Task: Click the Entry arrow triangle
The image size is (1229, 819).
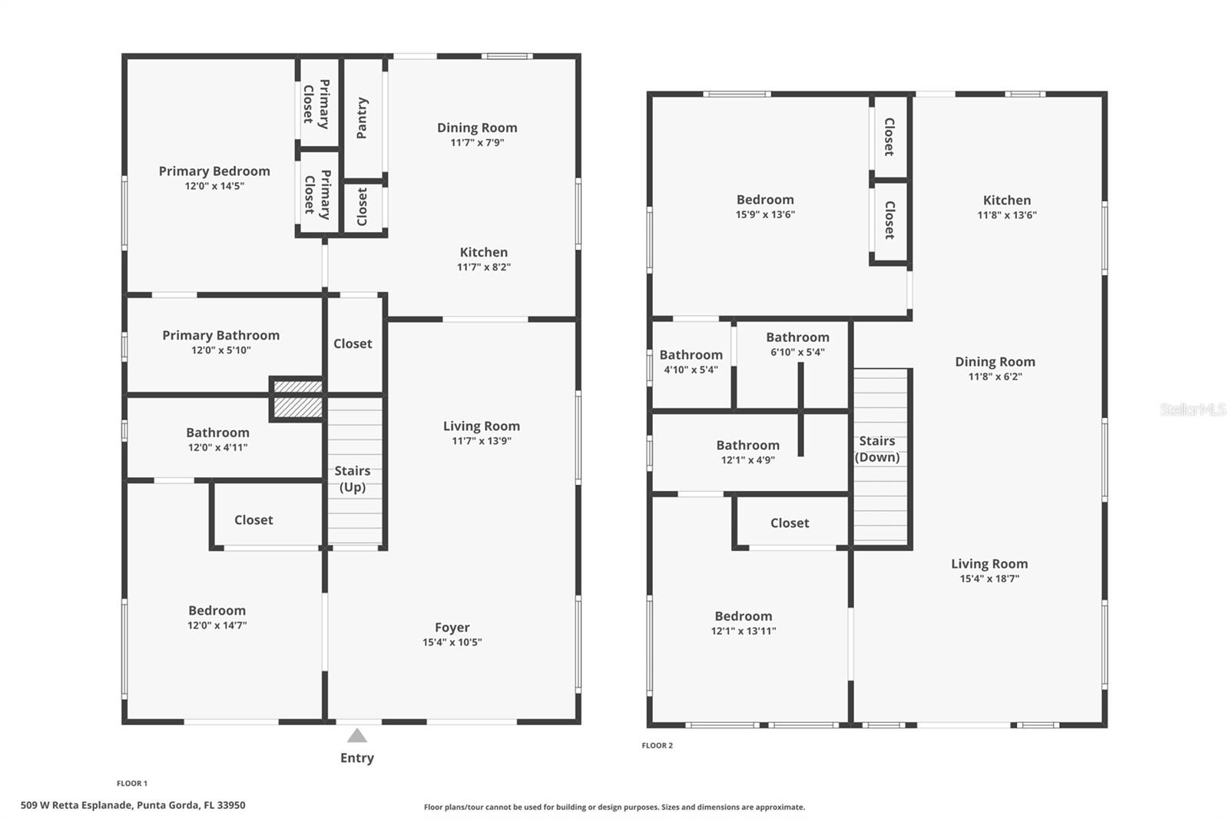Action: click(x=356, y=736)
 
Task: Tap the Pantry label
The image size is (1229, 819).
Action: click(x=363, y=118)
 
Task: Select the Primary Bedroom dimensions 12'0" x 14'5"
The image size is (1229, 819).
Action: click(x=214, y=186)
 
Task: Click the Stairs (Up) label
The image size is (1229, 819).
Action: click(x=353, y=479)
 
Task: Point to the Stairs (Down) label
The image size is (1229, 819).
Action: click(x=877, y=449)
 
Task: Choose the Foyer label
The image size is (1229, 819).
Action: click(x=452, y=627)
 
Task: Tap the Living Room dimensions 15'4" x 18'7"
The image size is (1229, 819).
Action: click(x=989, y=579)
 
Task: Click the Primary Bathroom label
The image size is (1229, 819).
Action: click(x=220, y=335)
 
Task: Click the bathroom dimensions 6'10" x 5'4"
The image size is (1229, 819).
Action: click(x=797, y=352)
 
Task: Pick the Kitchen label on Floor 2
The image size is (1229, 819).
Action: click(x=1007, y=200)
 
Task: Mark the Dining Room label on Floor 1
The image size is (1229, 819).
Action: click(x=477, y=128)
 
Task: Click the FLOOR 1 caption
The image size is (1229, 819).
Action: click(x=132, y=784)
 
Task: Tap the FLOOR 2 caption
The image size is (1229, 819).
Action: click(x=658, y=745)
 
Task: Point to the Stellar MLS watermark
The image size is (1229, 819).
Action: click(x=1192, y=409)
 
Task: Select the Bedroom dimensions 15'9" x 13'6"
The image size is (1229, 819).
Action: click(x=765, y=214)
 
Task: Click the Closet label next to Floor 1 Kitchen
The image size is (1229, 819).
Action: click(x=363, y=207)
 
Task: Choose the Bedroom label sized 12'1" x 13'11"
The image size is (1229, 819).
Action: click(x=744, y=616)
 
